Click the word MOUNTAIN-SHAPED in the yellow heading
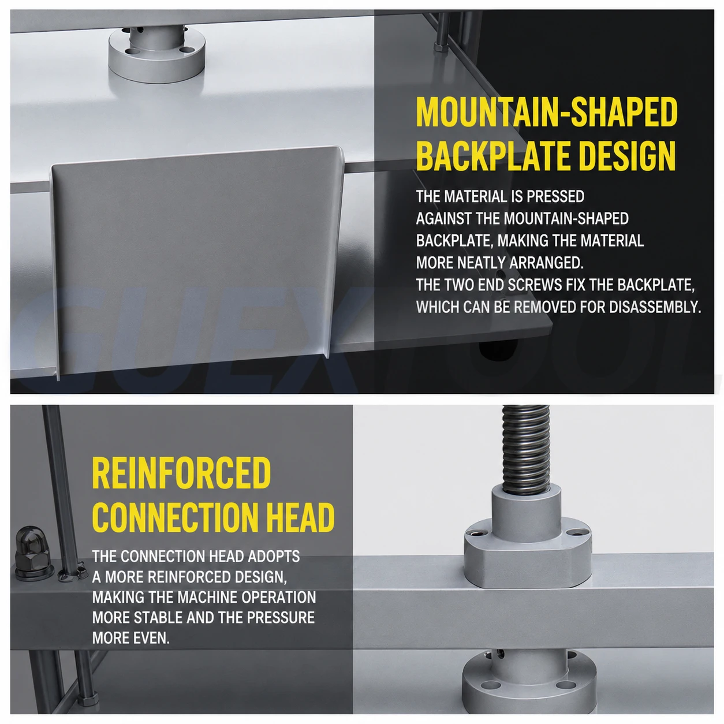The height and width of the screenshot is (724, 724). (547, 112)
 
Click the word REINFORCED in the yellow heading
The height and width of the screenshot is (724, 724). (181, 473)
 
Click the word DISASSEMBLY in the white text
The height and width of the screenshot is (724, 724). (655, 307)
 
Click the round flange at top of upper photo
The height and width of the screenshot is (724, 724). (156, 54)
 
